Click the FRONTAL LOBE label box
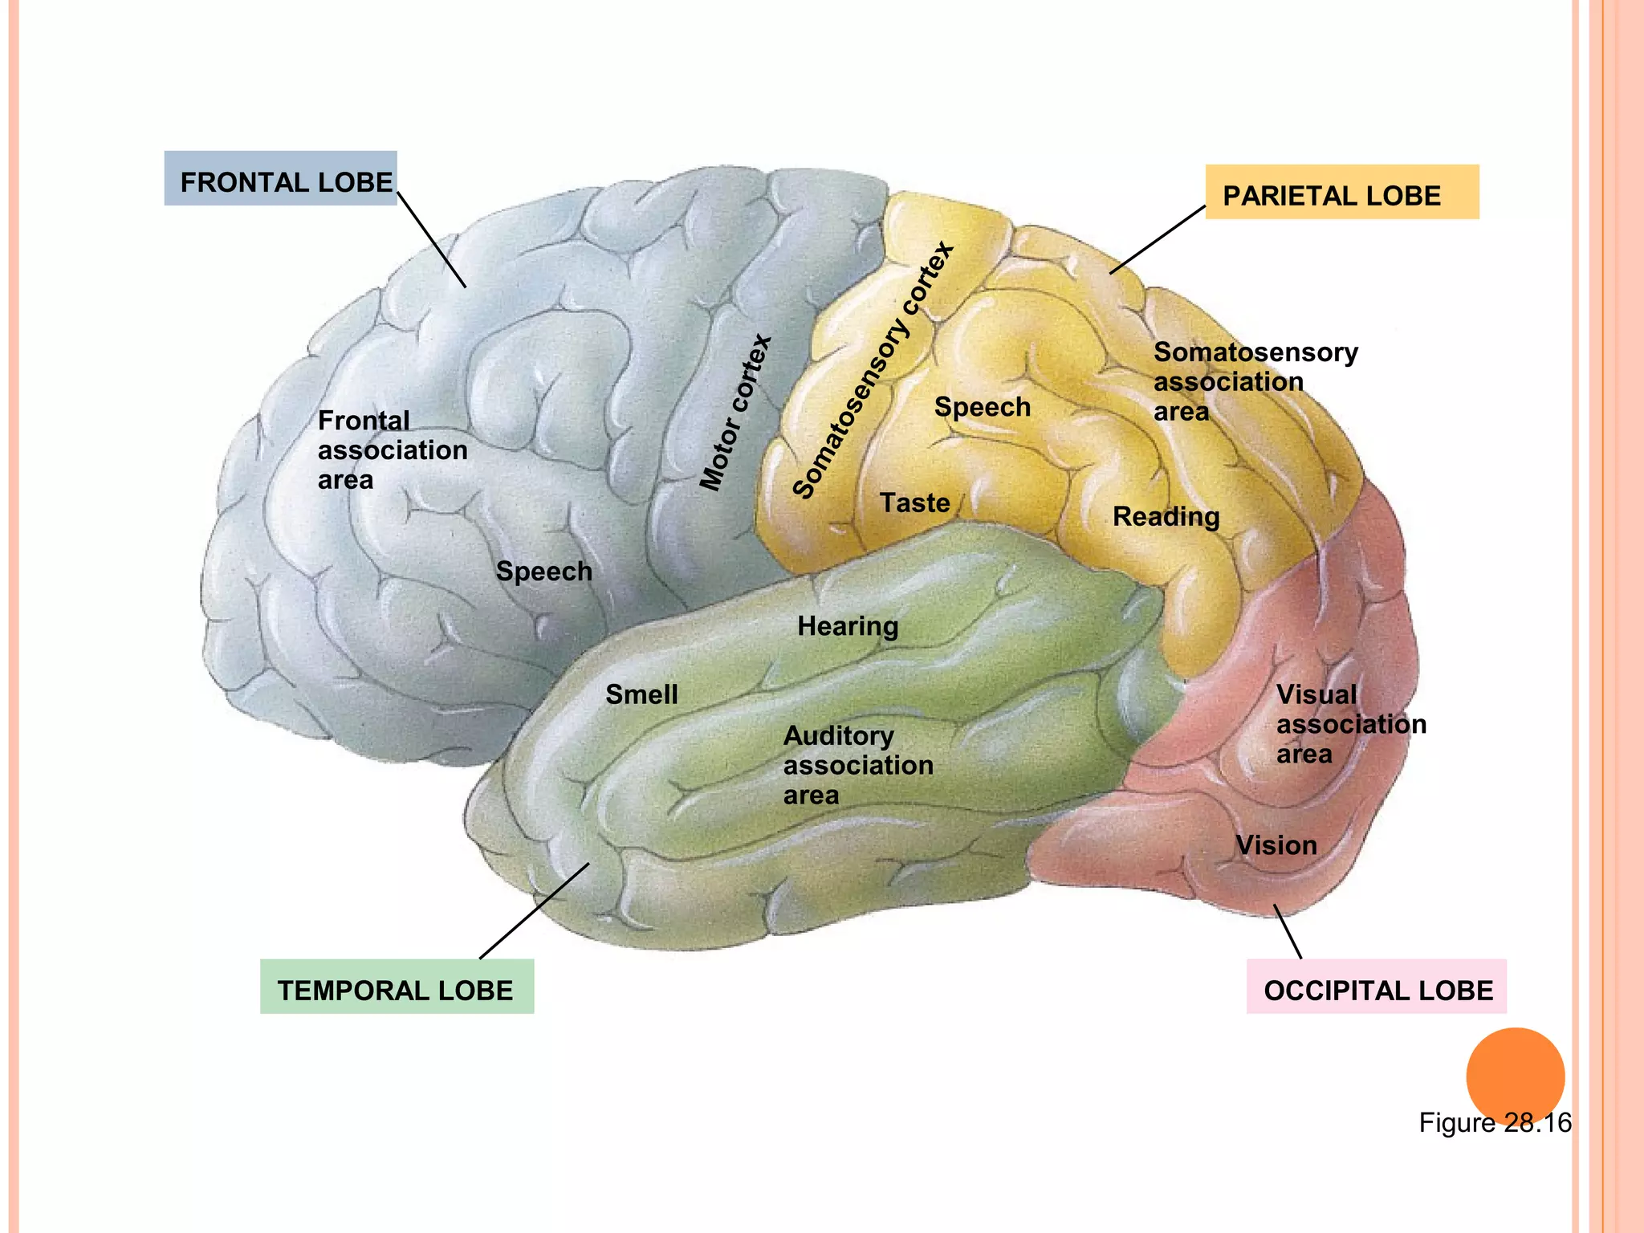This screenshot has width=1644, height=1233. click(x=280, y=179)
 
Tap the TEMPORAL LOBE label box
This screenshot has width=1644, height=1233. click(x=397, y=987)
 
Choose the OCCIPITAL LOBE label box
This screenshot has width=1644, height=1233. click(x=1376, y=987)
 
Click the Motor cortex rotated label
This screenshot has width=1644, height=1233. click(x=735, y=413)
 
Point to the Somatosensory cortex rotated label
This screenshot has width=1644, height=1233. click(x=873, y=370)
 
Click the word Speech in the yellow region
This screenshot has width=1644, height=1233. click(x=982, y=407)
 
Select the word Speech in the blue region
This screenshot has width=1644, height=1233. click(x=543, y=572)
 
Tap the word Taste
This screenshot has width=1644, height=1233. click(x=914, y=503)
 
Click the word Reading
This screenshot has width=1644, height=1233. click(x=1166, y=516)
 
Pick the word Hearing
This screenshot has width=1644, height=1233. click(x=848, y=626)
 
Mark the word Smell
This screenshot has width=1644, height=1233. click(x=641, y=694)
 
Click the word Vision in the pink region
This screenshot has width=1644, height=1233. click(x=1276, y=845)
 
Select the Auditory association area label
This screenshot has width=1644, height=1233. click(x=857, y=765)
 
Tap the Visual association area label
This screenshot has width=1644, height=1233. click(x=1350, y=724)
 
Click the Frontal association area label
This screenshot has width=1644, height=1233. click(x=392, y=450)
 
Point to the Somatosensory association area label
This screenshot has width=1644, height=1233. click(x=1255, y=381)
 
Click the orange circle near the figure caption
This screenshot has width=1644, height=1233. click(x=1515, y=1076)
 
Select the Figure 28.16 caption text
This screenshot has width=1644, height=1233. click(x=1494, y=1123)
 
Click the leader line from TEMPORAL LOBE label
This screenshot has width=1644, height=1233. click(x=534, y=911)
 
